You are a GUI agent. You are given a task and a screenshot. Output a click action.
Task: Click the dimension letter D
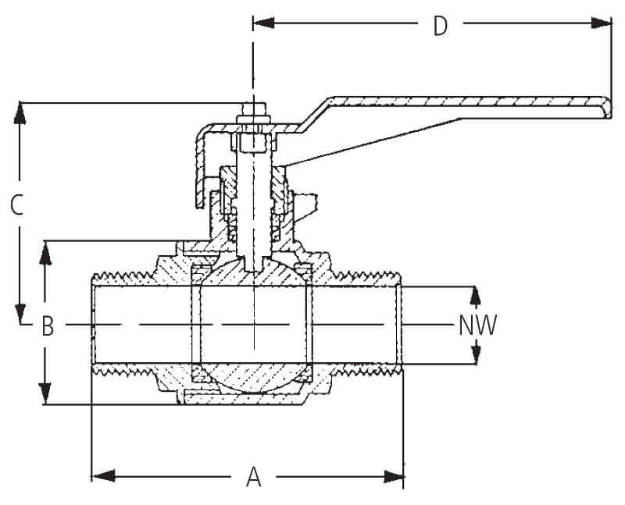tap(440, 27)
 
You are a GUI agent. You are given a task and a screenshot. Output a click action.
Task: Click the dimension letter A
tap(253, 477)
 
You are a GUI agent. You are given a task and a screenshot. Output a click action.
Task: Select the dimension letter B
tap(48, 326)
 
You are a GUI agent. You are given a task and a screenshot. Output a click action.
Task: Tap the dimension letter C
tap(17, 205)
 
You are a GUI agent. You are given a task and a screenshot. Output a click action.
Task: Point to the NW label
tap(477, 325)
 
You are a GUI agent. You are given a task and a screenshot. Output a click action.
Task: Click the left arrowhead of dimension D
tap(264, 23)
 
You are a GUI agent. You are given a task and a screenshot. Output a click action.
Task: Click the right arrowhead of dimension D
tap(601, 23)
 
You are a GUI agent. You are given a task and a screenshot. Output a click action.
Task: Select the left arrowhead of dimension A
tap(103, 475)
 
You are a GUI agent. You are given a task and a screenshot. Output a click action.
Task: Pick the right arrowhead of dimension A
tap(394, 476)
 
